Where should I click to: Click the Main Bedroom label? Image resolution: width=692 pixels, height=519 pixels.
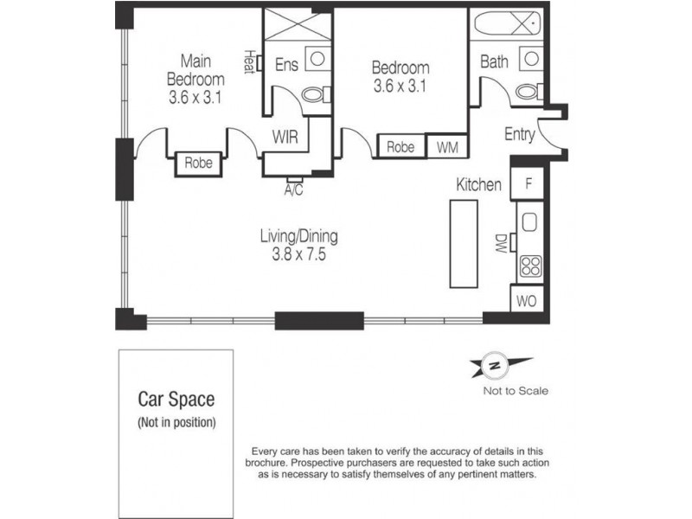click(195, 70)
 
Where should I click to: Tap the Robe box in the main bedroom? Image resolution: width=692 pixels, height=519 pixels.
click(198, 163)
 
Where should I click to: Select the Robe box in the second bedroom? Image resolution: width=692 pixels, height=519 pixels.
click(400, 148)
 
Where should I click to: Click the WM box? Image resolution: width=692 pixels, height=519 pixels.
click(446, 148)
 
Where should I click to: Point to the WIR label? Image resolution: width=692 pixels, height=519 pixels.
click(286, 137)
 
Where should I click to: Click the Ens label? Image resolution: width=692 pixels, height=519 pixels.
click(287, 65)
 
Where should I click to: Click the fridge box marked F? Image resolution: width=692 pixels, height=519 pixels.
click(527, 183)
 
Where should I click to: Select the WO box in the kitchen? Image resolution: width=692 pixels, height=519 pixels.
click(526, 302)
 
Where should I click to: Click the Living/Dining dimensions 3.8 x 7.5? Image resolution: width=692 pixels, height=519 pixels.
click(299, 255)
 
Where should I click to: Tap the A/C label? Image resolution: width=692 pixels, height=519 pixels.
click(293, 190)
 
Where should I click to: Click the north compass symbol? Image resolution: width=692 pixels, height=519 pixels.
click(496, 367)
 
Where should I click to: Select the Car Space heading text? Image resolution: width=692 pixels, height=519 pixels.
click(176, 400)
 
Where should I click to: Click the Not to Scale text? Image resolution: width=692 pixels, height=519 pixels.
click(516, 391)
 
